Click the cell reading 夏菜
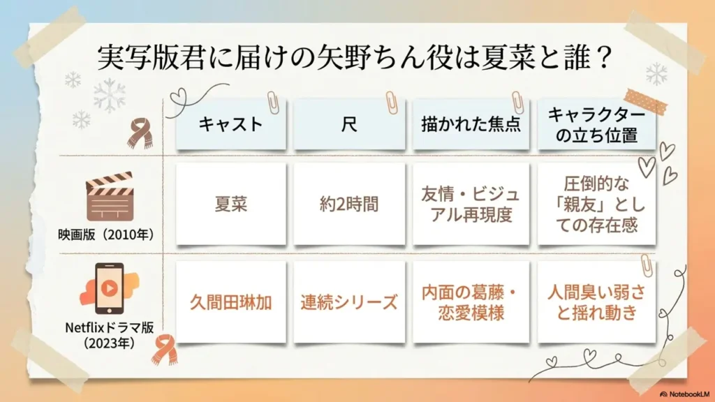coord(230,204)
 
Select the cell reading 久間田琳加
coord(230,302)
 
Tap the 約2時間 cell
coord(349,204)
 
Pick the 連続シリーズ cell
coord(349,302)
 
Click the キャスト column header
coord(230,124)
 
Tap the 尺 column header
coord(349,124)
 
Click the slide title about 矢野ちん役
coord(356,58)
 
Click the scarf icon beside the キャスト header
coord(140,132)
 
